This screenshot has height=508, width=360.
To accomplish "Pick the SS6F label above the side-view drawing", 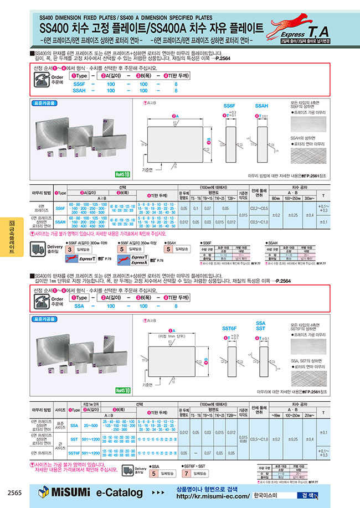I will point(230,105).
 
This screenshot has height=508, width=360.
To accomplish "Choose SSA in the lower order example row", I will point(79,305).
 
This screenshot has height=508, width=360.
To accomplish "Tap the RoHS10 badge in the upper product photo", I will point(122,174).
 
